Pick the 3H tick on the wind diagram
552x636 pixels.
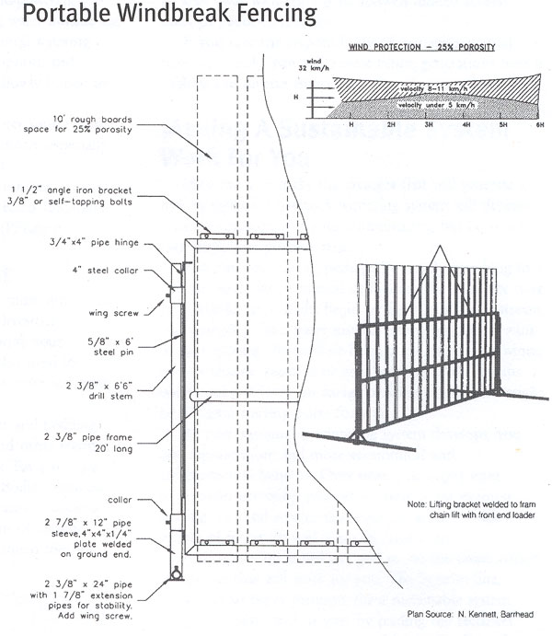[427, 122]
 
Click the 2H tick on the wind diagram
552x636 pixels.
[389, 122]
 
